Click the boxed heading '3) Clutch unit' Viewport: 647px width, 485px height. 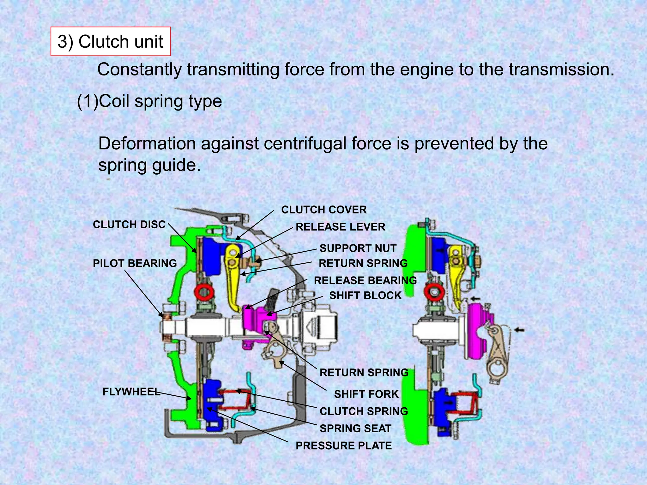coord(110,42)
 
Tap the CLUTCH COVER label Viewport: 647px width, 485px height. coord(324,210)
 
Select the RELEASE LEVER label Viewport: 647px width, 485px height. coord(340,227)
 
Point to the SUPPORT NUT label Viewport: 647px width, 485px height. coord(358,248)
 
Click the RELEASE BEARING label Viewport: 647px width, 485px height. coord(365,280)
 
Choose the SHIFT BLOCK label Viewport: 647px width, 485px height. coord(365,296)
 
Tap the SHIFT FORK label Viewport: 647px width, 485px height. coord(366,394)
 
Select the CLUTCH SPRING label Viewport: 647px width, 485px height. coord(364,411)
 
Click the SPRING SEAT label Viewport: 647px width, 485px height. coord(355,428)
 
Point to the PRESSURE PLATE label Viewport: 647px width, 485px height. coord(343,446)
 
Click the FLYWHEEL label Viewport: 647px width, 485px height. coord(131,392)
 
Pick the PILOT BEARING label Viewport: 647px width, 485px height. coord(135,263)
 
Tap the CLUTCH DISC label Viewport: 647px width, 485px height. coord(129,225)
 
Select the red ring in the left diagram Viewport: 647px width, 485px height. coord(204,292)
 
